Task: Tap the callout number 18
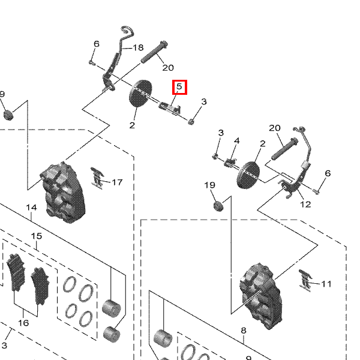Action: click(x=138, y=48)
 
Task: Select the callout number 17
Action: click(x=116, y=182)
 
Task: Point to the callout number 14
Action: click(x=31, y=208)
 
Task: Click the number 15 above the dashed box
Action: click(x=37, y=236)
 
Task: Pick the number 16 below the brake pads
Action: click(x=23, y=323)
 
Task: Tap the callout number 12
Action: click(x=305, y=204)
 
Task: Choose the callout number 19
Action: click(x=209, y=185)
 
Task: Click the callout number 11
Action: click(x=326, y=284)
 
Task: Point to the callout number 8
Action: click(x=244, y=331)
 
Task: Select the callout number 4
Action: click(x=236, y=141)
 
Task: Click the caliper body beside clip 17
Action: click(x=63, y=192)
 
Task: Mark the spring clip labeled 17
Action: click(x=98, y=177)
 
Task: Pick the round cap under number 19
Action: click(x=217, y=207)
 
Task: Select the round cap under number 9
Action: click(x=8, y=115)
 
